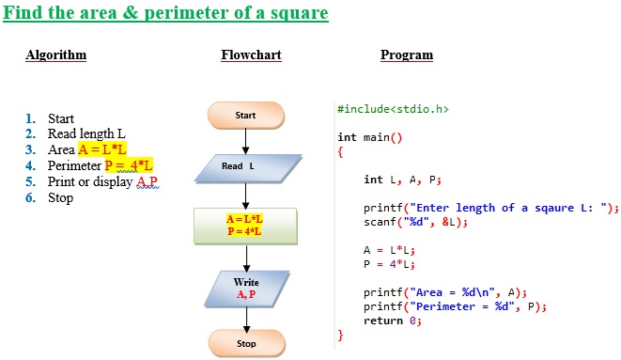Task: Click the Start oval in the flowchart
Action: click(x=246, y=116)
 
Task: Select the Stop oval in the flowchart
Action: click(x=246, y=344)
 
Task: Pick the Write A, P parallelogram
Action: click(x=246, y=289)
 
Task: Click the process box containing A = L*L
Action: click(x=245, y=225)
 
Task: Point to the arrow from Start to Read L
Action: click(x=246, y=141)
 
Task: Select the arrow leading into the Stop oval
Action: click(x=246, y=319)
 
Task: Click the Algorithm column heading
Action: click(x=55, y=55)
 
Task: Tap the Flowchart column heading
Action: click(x=251, y=55)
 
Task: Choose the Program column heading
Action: click(x=407, y=55)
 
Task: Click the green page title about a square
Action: click(x=167, y=14)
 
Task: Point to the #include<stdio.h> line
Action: click(x=393, y=109)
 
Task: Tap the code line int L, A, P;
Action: click(x=402, y=180)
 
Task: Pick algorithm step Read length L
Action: click(x=86, y=133)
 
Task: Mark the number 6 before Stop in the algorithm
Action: click(x=30, y=197)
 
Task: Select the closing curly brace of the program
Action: click(x=341, y=334)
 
